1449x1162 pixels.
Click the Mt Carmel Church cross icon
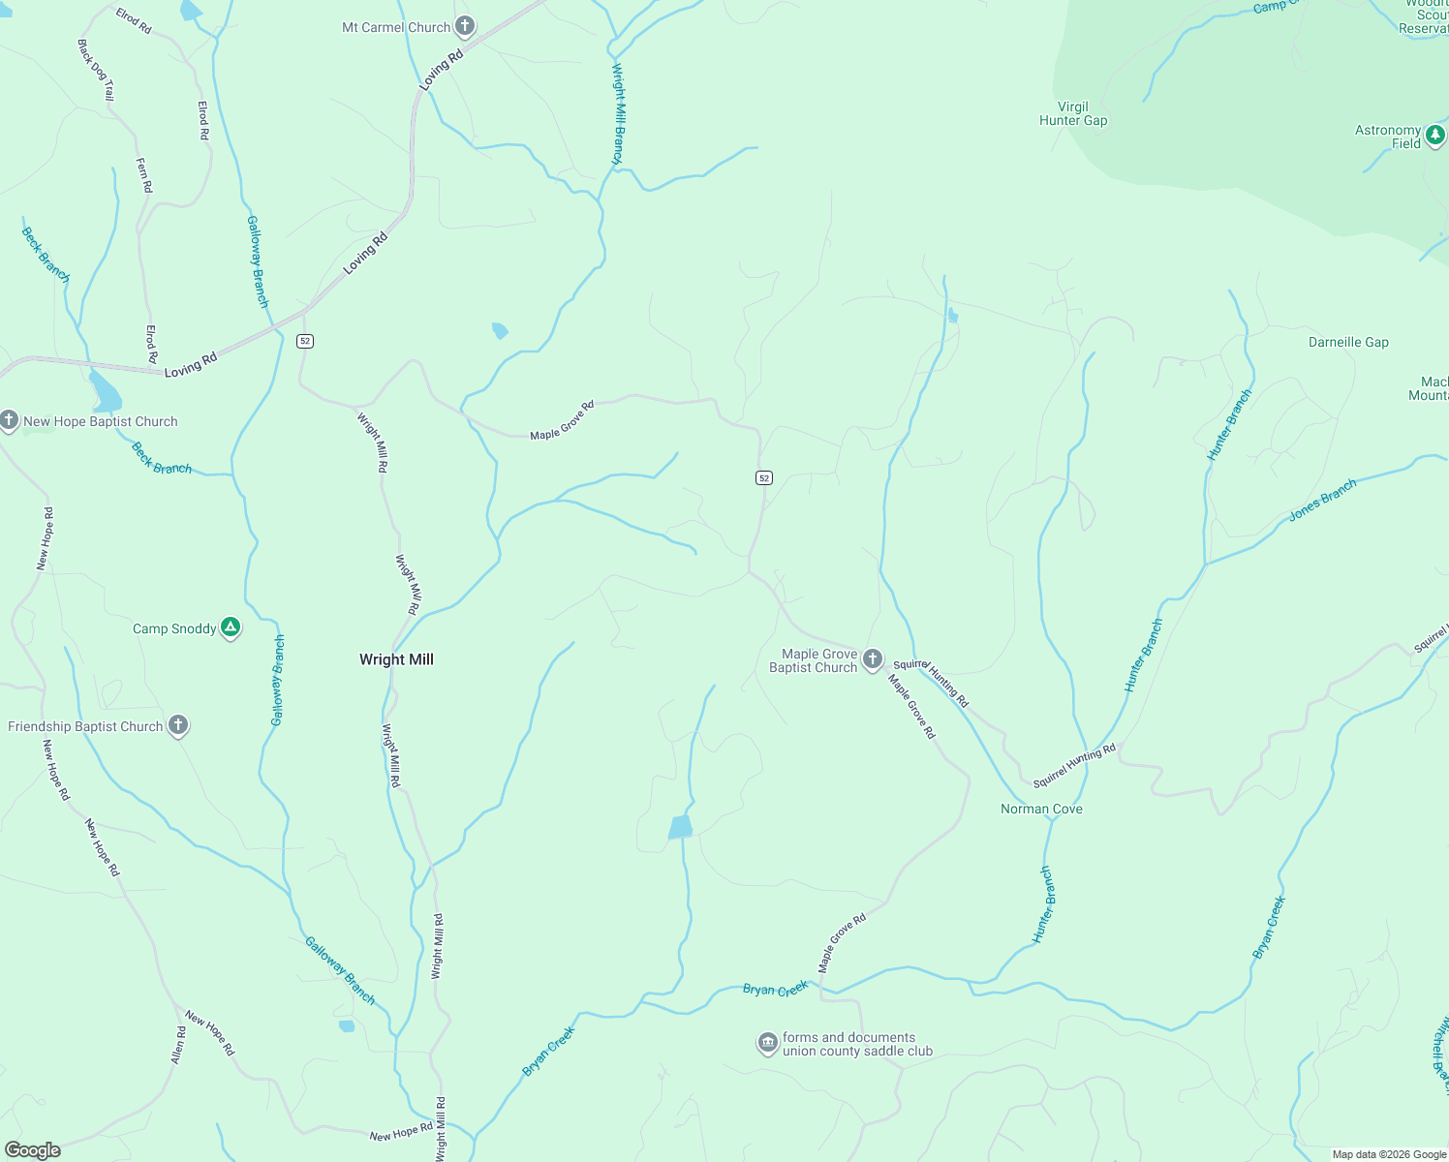point(465,26)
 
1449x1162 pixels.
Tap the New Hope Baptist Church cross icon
point(9,420)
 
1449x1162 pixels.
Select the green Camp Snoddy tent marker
point(231,627)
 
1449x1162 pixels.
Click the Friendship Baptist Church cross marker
point(177,725)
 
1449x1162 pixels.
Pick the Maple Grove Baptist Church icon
point(873,659)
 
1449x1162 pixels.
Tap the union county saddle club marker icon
point(767,1043)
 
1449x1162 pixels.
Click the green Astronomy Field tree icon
point(1435,136)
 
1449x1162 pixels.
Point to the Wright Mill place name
point(396,659)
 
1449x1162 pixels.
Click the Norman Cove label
point(1041,809)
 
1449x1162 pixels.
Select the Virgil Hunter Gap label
point(1073,114)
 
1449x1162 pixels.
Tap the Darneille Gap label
point(1348,342)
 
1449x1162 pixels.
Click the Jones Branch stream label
point(1322,501)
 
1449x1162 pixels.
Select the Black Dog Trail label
point(96,70)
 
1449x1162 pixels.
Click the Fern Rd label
point(144,175)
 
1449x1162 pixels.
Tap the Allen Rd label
point(178,1046)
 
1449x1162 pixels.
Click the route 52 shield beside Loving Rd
point(305,341)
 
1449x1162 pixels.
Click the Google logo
point(33,1150)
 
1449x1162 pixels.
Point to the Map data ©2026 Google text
point(1389,1154)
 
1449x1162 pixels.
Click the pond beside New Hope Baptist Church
point(105,392)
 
